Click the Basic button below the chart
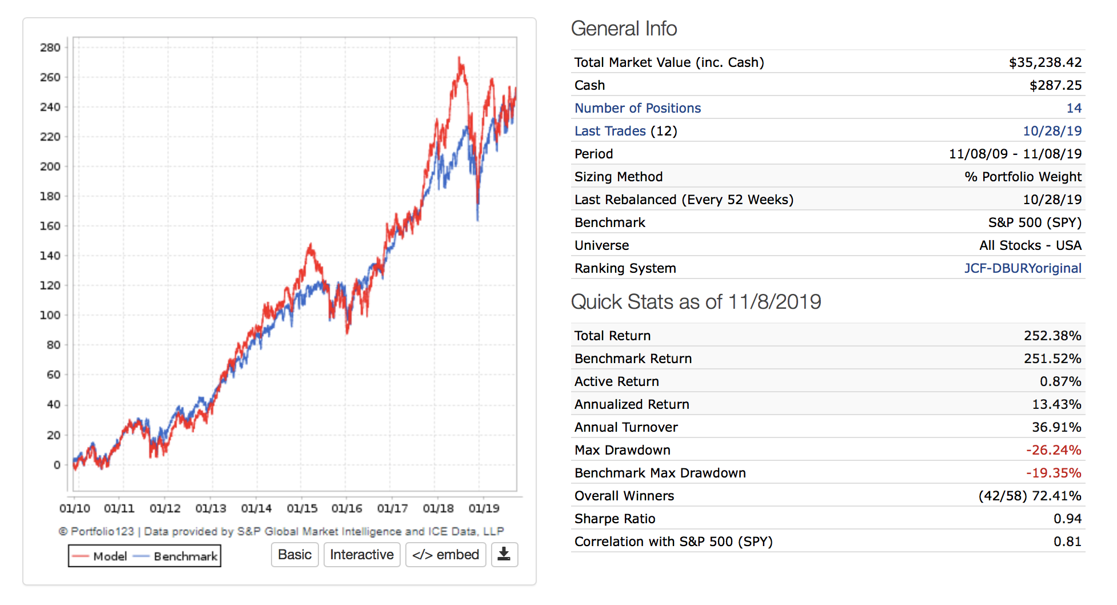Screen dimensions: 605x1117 pyautogui.click(x=294, y=555)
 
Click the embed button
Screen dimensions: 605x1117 pyautogui.click(x=446, y=555)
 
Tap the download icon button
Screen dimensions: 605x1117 pyautogui.click(x=504, y=555)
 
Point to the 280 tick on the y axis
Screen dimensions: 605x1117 pyautogui.click(x=50, y=47)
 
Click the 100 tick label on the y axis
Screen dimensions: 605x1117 pyautogui.click(x=50, y=315)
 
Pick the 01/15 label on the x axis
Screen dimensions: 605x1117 pyautogui.click(x=302, y=508)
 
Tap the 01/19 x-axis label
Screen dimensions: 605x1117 pyautogui.click(x=484, y=508)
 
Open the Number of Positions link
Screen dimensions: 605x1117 pyautogui.click(x=637, y=108)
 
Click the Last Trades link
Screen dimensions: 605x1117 pyautogui.click(x=610, y=131)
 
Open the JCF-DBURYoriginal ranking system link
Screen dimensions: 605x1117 pyautogui.click(x=1022, y=268)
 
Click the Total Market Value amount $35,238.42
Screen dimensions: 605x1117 pyautogui.click(x=1045, y=62)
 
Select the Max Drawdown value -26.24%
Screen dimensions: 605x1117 pyautogui.click(x=1053, y=450)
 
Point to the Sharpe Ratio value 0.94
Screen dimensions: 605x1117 pyautogui.click(x=1067, y=519)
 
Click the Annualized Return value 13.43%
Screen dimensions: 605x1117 pyautogui.click(x=1056, y=404)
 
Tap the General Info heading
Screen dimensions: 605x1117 pyautogui.click(x=624, y=29)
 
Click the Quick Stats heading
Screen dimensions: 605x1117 pyautogui.click(x=696, y=301)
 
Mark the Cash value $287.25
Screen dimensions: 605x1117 pyautogui.click(x=1055, y=85)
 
